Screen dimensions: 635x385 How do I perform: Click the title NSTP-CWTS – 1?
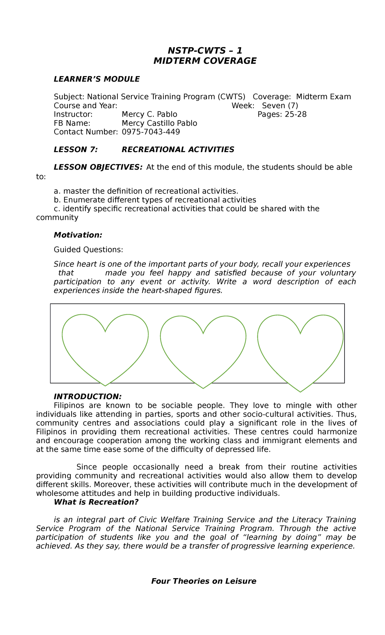coord(205,51)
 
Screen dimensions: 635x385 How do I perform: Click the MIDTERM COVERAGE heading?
coord(205,61)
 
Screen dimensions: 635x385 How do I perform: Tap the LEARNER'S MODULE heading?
coord(97,79)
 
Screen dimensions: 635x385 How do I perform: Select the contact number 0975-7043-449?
coord(151,132)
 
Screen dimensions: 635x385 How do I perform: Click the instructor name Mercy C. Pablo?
coord(149,114)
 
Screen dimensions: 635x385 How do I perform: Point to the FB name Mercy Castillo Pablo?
coord(159,123)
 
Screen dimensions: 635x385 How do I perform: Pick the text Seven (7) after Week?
coord(280,106)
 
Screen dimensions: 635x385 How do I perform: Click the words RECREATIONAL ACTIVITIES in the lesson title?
coord(178,150)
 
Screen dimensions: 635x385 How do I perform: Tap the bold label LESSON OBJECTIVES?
coord(98,167)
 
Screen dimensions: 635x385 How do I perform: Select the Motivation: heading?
coord(78,235)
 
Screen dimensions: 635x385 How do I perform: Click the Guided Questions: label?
coord(88,250)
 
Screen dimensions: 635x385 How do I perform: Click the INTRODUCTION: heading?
coord(88,397)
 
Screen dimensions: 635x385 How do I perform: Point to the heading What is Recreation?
coord(96,502)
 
